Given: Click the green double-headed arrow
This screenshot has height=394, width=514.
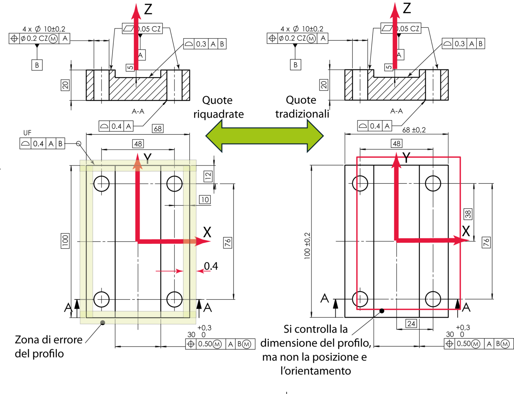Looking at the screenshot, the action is tap(264, 136).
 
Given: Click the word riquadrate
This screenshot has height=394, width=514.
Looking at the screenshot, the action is tap(219, 114).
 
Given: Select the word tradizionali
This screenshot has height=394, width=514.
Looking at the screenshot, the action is tap(302, 114).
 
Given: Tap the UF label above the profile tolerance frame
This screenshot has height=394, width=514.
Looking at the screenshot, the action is tap(27, 133).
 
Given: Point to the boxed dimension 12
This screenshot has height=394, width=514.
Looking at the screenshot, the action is tap(208, 176).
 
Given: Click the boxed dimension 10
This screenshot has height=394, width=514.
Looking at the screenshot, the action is tap(205, 200).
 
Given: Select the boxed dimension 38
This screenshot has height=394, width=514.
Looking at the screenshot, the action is tap(468, 214).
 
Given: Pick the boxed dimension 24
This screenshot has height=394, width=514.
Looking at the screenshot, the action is tap(411, 323).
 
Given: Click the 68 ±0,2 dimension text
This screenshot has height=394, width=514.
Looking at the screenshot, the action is tap(414, 130).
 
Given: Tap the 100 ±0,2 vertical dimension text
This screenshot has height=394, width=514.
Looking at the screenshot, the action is tap(307, 246).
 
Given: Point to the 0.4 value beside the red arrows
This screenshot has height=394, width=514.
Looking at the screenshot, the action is tap(211, 266).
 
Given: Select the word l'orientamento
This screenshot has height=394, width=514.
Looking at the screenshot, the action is tap(316, 371).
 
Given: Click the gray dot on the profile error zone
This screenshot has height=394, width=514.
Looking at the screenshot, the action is tap(103, 323).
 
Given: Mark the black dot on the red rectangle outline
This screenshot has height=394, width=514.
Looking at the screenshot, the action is tap(382, 311).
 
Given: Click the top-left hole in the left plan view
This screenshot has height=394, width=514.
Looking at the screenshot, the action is tap(101, 184).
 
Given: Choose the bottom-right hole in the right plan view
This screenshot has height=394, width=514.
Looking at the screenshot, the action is tap(433, 299).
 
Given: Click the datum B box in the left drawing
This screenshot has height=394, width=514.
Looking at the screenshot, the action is tap(37, 65).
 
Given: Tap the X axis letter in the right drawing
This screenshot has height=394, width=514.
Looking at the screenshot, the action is tap(466, 231).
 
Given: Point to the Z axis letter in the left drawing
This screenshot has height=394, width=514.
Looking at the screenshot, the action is tap(148, 9).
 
